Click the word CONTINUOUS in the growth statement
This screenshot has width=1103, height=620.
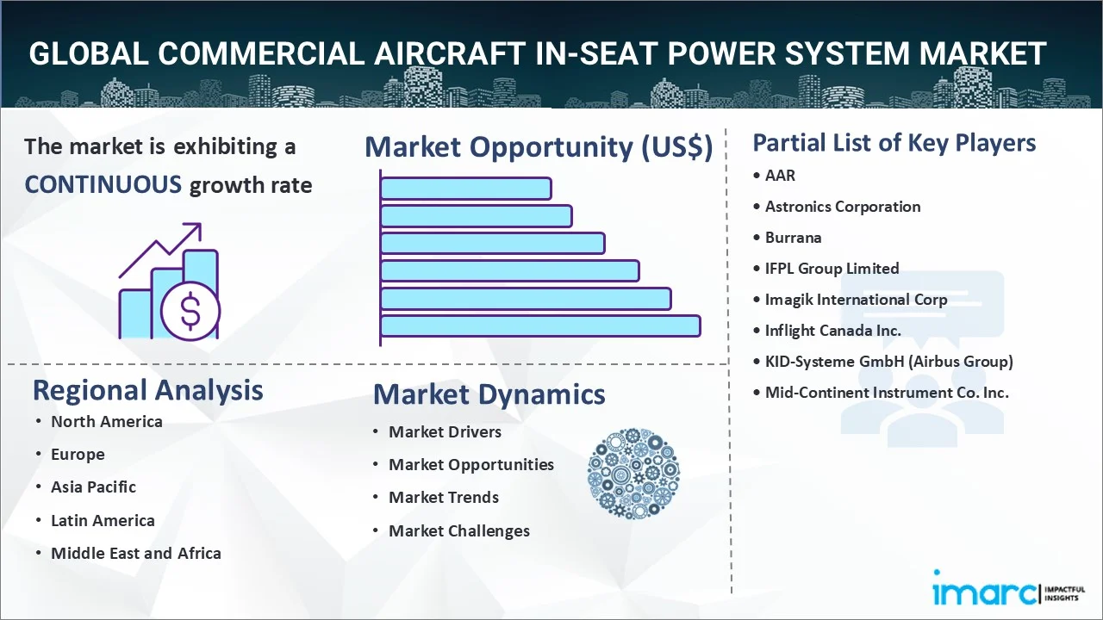click(x=103, y=185)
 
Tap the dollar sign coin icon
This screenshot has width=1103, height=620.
click(x=190, y=311)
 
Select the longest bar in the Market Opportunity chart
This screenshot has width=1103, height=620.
click(x=540, y=326)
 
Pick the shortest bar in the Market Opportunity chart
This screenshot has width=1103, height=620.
click(x=466, y=189)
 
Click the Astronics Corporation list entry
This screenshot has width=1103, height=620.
click(x=843, y=207)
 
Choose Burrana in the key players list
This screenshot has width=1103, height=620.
click(x=793, y=238)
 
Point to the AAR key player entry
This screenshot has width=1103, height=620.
click(x=780, y=175)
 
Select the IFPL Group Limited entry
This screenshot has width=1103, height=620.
click(x=832, y=269)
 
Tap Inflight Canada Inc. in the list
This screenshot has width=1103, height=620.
click(x=832, y=331)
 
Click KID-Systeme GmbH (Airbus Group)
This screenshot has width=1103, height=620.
click(x=888, y=362)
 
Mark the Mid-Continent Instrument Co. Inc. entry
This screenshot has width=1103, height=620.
click(x=887, y=393)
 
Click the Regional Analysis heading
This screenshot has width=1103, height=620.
click(x=147, y=391)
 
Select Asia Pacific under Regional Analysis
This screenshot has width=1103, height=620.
click(x=93, y=487)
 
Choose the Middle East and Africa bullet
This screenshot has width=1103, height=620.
click(x=136, y=554)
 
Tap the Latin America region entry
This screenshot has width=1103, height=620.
click(x=103, y=521)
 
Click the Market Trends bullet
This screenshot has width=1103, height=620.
click(x=444, y=498)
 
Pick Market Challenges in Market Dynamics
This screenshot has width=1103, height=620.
click(x=459, y=531)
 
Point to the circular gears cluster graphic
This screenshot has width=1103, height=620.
click(x=633, y=474)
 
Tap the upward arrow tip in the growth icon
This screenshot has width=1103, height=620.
click(x=200, y=225)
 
